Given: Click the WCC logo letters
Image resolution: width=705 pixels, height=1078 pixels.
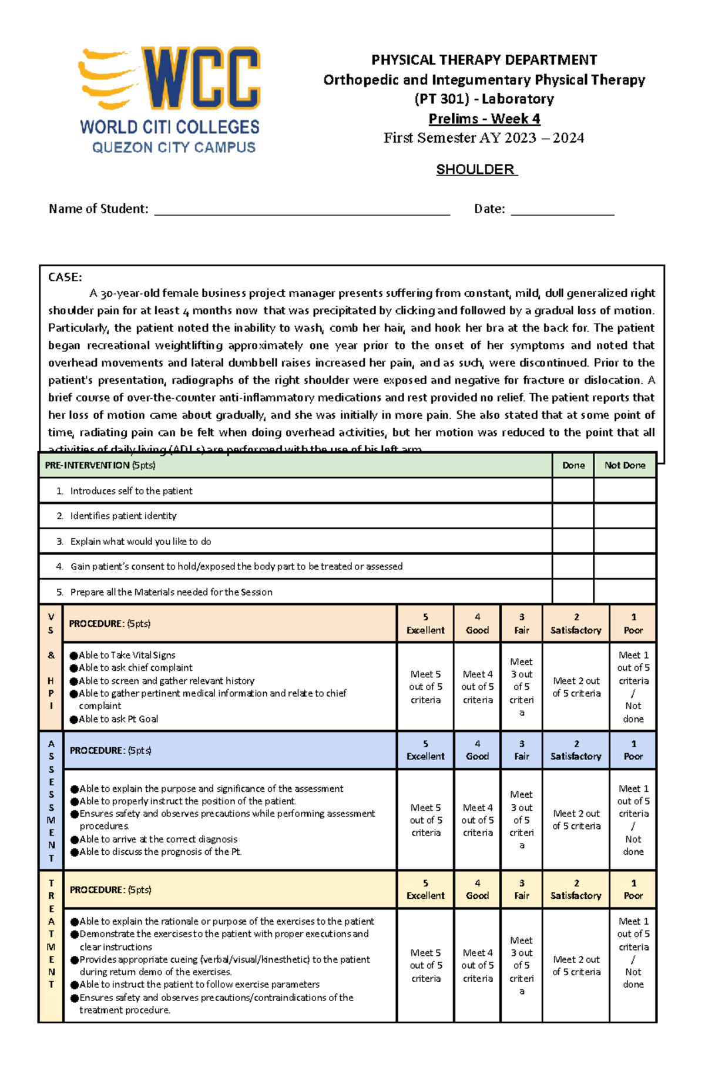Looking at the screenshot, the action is [200, 79].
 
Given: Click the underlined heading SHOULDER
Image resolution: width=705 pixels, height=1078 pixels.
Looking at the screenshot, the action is [476, 170].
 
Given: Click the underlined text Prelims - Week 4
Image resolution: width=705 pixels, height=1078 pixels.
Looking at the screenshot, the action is [484, 119].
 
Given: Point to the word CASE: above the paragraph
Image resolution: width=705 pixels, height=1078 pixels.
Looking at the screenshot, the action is [65, 277].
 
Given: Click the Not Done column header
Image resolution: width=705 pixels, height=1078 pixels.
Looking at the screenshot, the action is [625, 465].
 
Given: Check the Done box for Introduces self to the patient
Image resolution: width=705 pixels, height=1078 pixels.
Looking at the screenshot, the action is [573, 491].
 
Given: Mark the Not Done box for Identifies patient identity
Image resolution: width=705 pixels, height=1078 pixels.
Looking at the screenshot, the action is [625, 516].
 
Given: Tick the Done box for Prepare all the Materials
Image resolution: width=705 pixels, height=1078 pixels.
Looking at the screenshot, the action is [573, 592].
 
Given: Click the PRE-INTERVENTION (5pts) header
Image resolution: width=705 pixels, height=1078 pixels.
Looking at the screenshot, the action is [100, 465].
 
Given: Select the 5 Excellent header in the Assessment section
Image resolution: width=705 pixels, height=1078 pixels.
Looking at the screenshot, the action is [425, 750].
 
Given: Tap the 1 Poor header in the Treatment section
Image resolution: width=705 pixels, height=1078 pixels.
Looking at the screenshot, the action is [633, 889].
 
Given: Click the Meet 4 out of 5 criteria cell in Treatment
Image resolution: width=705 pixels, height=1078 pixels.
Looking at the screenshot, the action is [478, 965].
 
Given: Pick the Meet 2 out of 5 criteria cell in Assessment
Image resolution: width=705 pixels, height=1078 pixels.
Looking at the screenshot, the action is [576, 820].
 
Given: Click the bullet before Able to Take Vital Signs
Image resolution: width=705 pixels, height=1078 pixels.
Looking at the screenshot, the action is [74, 656].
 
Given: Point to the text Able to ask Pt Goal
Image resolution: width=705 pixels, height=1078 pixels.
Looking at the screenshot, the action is [118, 719].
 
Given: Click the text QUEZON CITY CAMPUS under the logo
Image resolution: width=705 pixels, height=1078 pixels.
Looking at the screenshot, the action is [174, 147].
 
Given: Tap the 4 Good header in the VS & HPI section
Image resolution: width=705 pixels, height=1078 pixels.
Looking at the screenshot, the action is [477, 624].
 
